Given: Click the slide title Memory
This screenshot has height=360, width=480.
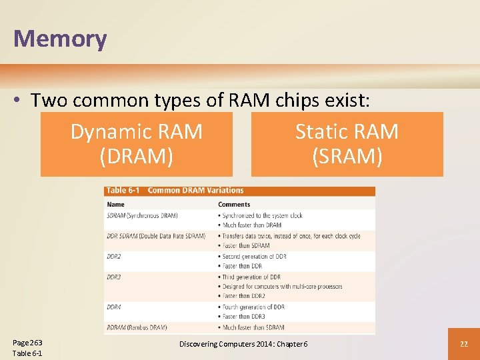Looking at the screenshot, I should [60, 39].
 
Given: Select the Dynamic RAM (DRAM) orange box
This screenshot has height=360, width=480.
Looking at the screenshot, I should [137, 144].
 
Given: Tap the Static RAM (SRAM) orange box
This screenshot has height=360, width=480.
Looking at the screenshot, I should [347, 144].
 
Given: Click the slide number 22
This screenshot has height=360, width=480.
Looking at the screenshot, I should [463, 343].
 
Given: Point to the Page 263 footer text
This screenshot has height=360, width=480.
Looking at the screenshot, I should [27, 342].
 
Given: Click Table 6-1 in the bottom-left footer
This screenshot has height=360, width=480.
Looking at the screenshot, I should [27, 353].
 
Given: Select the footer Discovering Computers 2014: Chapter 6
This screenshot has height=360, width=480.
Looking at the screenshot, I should [243, 343].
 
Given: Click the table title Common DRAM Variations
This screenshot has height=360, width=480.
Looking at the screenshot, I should [195, 191].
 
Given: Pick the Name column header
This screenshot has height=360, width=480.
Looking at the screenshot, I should [116, 205].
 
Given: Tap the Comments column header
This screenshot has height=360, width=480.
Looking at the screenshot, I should [234, 205].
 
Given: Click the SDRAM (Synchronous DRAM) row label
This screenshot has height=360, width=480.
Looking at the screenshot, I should [142, 215].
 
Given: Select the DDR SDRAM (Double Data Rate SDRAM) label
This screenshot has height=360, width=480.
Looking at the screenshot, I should [156, 236].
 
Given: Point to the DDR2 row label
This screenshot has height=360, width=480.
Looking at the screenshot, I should [114, 256].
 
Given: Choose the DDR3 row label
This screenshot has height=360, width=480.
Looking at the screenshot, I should [114, 277].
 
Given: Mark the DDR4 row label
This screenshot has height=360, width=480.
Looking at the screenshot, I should [114, 307].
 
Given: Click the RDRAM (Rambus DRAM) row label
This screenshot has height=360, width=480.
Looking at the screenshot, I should [137, 327].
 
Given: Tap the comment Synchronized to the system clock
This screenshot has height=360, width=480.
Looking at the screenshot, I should [262, 215].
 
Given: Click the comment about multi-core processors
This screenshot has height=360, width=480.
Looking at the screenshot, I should [282, 287].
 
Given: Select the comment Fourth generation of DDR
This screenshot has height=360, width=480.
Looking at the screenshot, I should [253, 307].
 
